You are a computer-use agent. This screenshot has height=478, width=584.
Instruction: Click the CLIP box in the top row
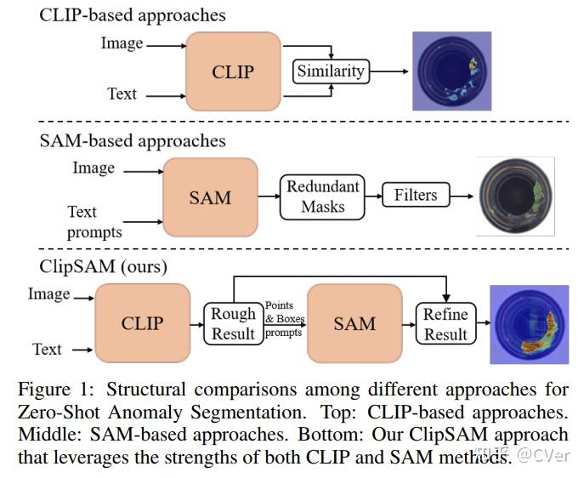[x=233, y=71]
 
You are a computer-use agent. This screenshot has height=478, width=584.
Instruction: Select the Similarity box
[x=330, y=71]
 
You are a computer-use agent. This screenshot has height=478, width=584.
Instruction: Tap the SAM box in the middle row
[x=210, y=197]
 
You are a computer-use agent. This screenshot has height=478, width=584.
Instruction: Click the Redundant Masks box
[x=322, y=196]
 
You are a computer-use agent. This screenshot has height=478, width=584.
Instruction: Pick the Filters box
[x=415, y=196]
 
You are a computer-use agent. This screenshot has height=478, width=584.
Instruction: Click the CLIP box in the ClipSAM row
[x=142, y=324]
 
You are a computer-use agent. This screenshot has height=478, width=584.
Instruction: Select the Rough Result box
[x=233, y=324]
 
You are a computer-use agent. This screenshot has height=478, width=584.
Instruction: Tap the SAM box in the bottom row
[x=354, y=324]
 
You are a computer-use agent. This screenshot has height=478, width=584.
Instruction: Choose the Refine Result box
[x=445, y=324]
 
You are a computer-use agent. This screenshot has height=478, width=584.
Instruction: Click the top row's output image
[x=451, y=71]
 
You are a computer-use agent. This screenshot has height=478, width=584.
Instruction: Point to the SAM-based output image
[x=515, y=196]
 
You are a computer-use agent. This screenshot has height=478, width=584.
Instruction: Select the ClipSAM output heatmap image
[x=528, y=325]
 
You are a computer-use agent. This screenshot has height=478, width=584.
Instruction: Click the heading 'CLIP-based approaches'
[x=133, y=15]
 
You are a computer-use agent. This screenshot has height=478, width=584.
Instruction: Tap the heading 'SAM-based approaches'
[x=133, y=140]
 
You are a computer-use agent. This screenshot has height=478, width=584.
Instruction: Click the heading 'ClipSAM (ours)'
[x=104, y=266]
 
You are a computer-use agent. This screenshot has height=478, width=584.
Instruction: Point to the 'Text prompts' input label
[x=94, y=221]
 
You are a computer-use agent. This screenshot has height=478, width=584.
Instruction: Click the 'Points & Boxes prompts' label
[x=284, y=318]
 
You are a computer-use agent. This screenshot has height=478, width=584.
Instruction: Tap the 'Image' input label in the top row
[x=122, y=43]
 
